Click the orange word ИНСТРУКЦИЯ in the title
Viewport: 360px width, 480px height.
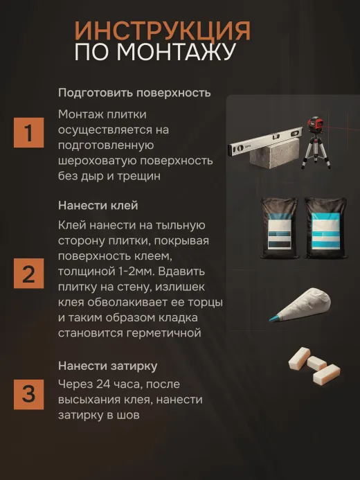pos(163,32)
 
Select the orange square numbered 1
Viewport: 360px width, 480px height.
pos(29,132)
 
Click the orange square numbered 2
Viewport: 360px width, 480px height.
pos(29,274)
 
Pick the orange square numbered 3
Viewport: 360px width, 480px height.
pos(29,394)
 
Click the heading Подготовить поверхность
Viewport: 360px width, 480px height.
pos(134,93)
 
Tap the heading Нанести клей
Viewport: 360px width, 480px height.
pos(98,206)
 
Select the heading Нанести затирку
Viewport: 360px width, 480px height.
pos(108,366)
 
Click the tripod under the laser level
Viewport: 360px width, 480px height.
pos(316,152)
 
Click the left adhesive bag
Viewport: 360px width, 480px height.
pos(279,228)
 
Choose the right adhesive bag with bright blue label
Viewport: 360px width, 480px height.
pos(325,228)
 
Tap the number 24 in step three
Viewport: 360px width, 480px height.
pos(103,384)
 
